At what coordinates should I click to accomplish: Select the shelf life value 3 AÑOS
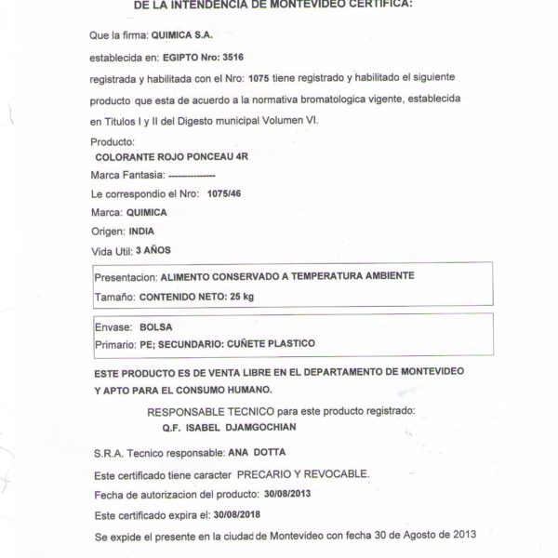pos(153,250)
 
